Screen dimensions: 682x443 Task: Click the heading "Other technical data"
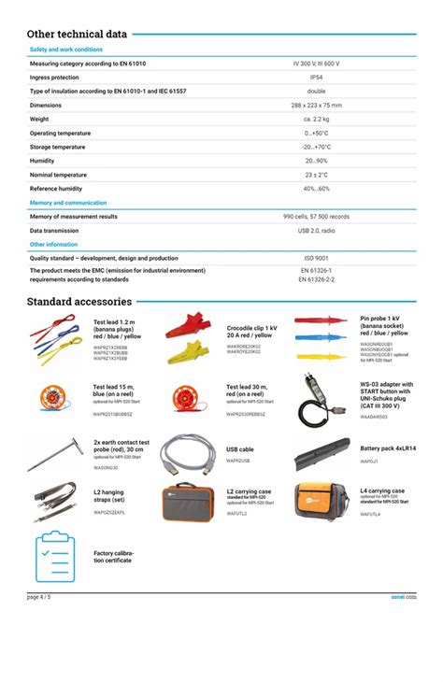click(x=77, y=34)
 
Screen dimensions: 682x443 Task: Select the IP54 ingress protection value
click(x=316, y=78)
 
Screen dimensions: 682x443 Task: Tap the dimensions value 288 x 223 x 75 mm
click(x=316, y=106)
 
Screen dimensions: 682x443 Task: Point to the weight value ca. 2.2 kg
click(x=316, y=120)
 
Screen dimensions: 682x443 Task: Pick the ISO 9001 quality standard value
click(x=316, y=258)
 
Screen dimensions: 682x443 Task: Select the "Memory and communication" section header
click(x=68, y=203)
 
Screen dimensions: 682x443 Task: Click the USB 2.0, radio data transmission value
click(x=316, y=230)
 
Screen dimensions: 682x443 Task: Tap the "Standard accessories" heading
click(x=79, y=302)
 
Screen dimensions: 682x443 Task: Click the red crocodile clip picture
click(x=192, y=326)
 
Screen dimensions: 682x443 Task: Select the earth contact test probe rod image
click(x=55, y=453)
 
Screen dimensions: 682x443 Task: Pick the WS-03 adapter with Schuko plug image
click(x=322, y=398)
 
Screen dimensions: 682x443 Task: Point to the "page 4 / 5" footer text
click(x=39, y=595)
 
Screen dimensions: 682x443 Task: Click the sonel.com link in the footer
click(x=403, y=595)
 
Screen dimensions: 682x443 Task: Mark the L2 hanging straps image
click(x=55, y=501)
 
